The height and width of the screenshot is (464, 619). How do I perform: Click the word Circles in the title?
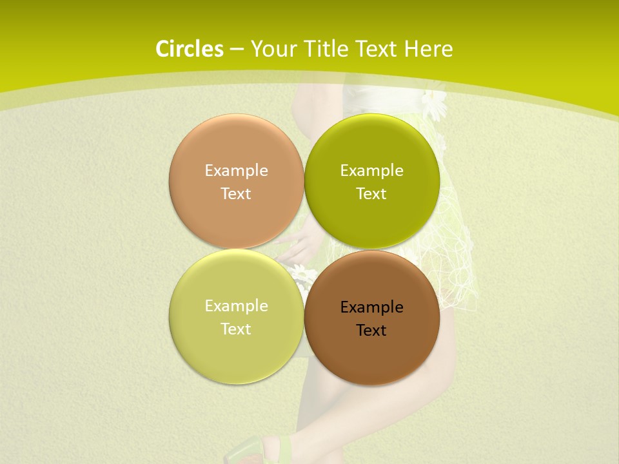[x=189, y=49]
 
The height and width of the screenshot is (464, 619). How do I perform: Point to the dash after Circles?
[x=237, y=50]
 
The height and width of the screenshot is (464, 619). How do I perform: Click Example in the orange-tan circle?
[x=236, y=171]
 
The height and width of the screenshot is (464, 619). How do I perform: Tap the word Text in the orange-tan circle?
[x=236, y=194]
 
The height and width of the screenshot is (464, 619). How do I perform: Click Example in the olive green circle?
[x=371, y=171]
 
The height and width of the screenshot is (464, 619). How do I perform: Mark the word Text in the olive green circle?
[x=371, y=194]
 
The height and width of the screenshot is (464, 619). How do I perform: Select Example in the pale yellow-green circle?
[x=236, y=306]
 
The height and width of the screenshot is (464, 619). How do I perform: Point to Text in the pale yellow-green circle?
[x=236, y=329]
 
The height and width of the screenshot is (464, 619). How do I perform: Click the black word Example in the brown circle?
[x=371, y=307]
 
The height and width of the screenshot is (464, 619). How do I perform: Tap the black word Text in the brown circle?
[x=371, y=331]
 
